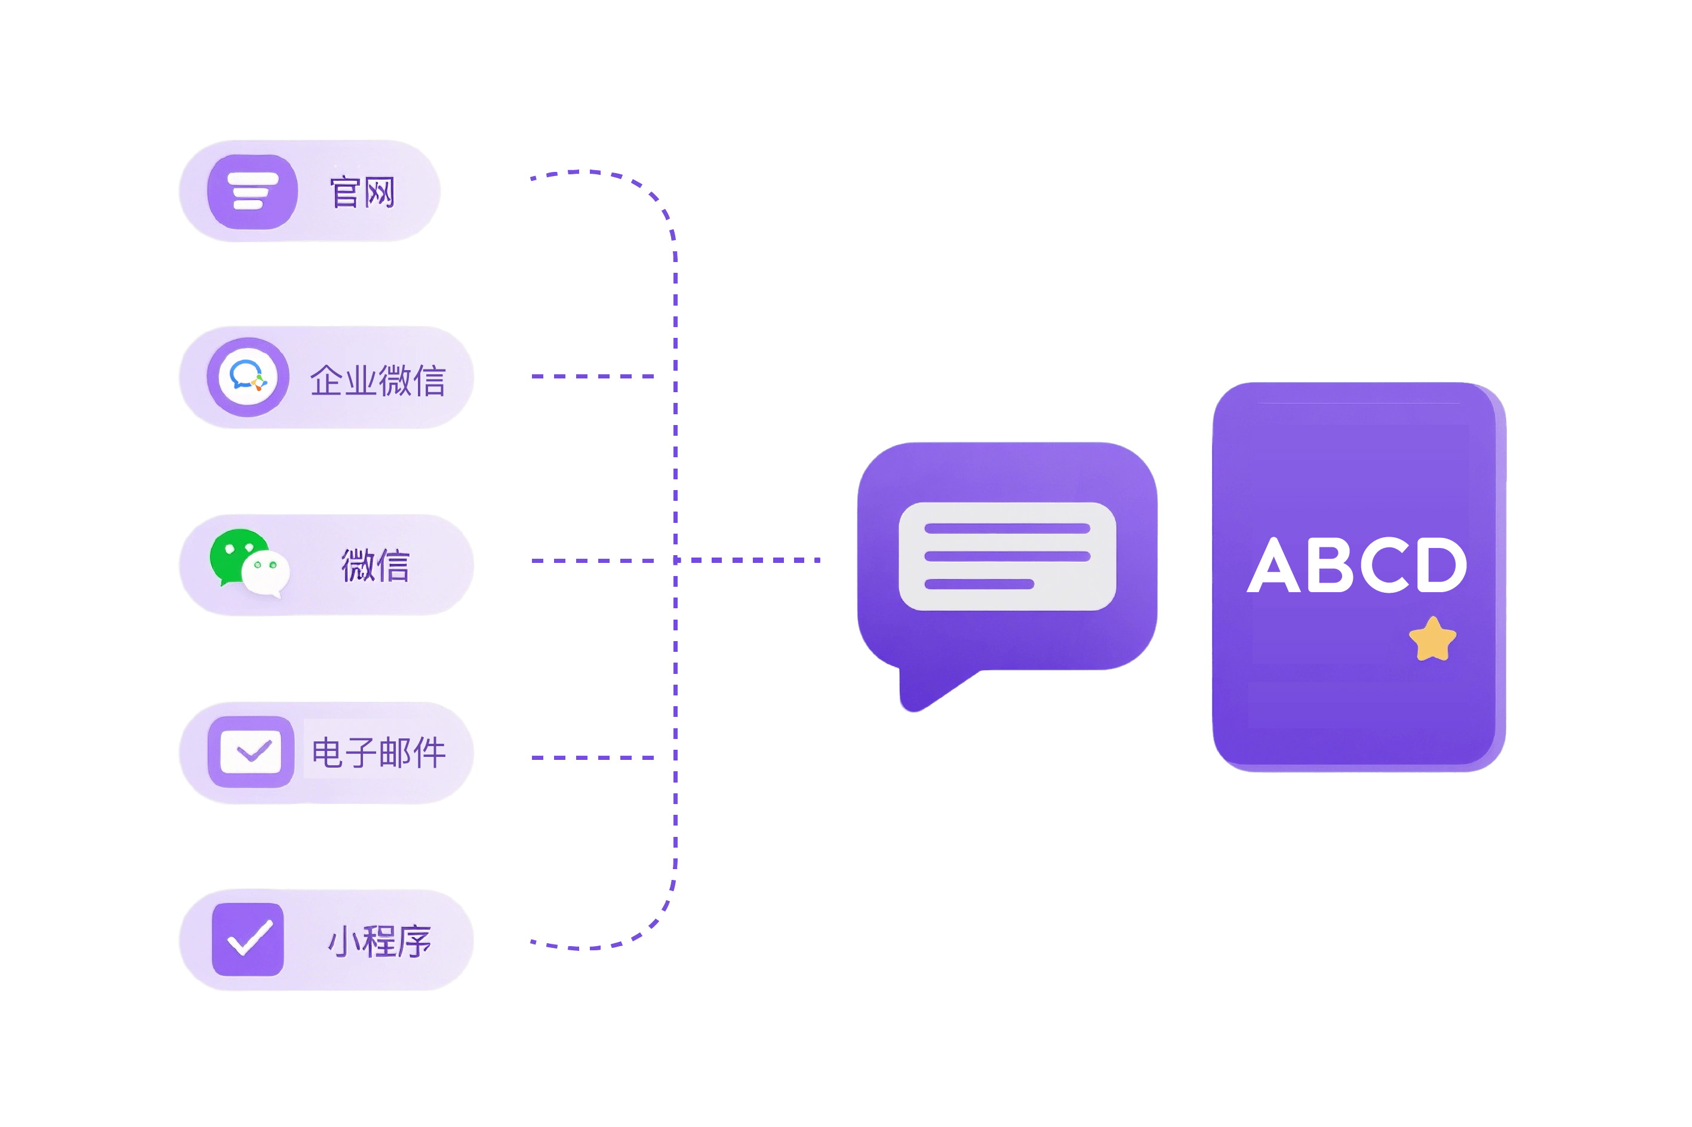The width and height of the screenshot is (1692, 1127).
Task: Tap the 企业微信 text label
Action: click(378, 380)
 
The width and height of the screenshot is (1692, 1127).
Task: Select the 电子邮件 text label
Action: click(379, 753)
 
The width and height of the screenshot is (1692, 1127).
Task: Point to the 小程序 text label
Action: click(380, 941)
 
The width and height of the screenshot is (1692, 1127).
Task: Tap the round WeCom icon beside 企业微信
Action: click(248, 377)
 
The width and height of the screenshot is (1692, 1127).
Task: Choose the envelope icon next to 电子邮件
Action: click(250, 752)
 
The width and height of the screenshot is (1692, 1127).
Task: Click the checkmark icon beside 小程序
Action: click(248, 939)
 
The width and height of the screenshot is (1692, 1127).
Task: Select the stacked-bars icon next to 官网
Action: click(253, 191)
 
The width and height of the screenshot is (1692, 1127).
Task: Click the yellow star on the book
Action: click(1432, 640)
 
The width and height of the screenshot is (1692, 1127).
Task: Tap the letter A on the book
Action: click(1273, 566)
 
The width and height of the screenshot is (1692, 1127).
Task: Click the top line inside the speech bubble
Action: click(1007, 529)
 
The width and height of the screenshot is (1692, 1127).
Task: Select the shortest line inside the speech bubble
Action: click(979, 584)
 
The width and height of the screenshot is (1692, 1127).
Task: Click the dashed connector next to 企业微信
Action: click(593, 376)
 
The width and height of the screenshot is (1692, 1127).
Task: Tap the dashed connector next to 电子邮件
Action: click(593, 758)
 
